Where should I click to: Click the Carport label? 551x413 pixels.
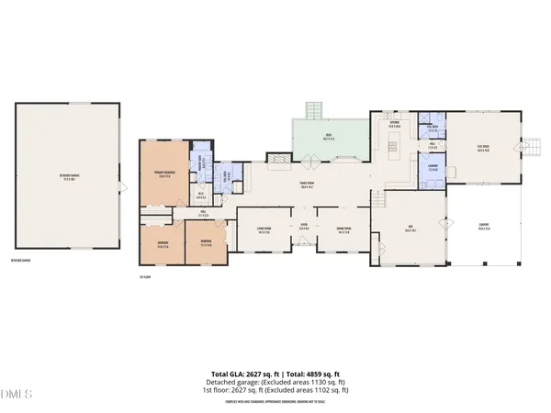(x=483, y=229)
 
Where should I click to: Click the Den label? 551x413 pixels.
(x=410, y=229)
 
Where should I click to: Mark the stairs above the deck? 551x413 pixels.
(x=315, y=109)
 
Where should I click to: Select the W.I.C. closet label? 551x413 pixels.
(x=201, y=193)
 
